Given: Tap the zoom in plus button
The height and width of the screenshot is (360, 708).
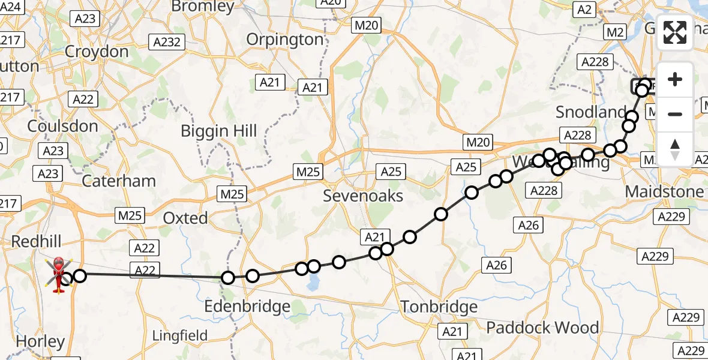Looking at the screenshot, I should (x=675, y=79).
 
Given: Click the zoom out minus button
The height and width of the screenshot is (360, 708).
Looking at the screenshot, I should (x=675, y=114).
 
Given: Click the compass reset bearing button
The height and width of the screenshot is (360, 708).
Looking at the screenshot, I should (x=675, y=149).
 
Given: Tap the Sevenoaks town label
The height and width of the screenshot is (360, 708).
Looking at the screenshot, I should (x=363, y=196).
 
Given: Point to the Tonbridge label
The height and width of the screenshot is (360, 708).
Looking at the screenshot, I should (x=439, y=307).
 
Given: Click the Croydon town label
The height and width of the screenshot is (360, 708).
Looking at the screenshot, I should (x=97, y=52).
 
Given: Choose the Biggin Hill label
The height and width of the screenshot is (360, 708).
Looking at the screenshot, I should (x=219, y=131).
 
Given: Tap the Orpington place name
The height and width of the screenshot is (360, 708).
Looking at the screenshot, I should (x=285, y=40).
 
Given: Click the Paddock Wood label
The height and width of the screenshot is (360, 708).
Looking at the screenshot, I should (x=542, y=328).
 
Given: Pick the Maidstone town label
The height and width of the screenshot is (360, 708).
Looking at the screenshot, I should (x=664, y=192).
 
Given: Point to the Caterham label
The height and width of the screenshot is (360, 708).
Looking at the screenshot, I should (x=118, y=181).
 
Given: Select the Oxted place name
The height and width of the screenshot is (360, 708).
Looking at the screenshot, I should (x=186, y=218).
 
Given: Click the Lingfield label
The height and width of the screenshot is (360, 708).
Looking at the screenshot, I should (x=180, y=335).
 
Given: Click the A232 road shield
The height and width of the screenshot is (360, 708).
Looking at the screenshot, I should (x=168, y=42).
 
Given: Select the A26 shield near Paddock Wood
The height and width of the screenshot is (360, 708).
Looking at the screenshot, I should (x=496, y=265).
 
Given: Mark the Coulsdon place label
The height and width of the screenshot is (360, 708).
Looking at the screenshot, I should (x=62, y=126).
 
